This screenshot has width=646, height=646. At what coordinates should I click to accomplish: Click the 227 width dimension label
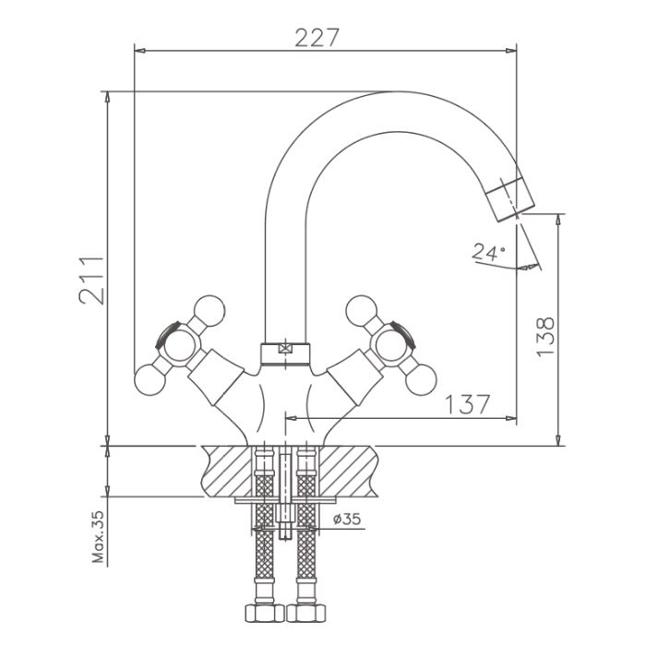pyautogui.click(x=317, y=37)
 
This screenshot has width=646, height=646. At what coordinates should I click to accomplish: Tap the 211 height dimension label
pyautogui.click(x=91, y=281)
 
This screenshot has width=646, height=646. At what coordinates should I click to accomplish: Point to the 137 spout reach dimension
pyautogui.click(x=468, y=404)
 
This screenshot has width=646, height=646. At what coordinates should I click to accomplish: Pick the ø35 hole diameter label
pyautogui.click(x=347, y=519)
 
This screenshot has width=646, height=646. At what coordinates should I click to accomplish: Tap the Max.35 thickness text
pyautogui.click(x=99, y=537)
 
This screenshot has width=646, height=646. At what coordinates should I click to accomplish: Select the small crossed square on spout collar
pyautogui.click(x=284, y=349)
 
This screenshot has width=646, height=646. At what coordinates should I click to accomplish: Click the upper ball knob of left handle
pyautogui.click(x=209, y=311)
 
